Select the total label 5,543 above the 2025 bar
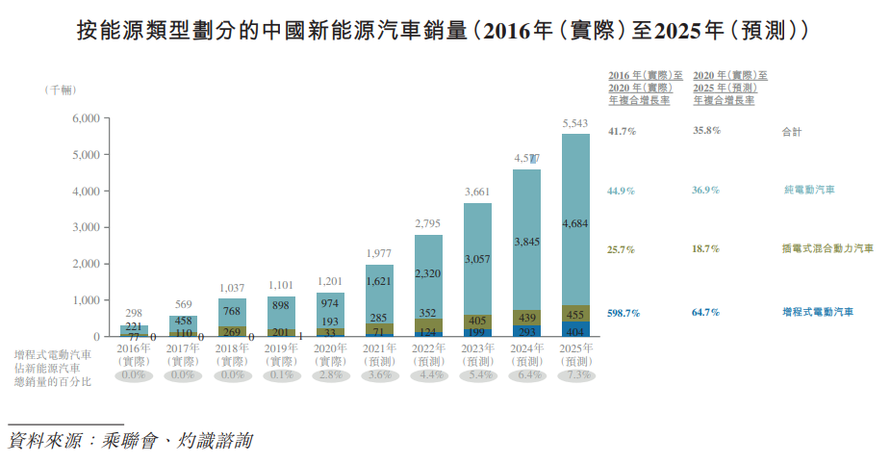coord(575,124)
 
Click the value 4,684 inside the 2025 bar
coord(575,224)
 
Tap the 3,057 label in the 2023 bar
coord(477,260)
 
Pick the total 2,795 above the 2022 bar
coord(428,224)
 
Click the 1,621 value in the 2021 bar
coord(379,280)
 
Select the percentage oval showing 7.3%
coord(575,375)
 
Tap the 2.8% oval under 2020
coord(330,375)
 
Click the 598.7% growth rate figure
coord(623,312)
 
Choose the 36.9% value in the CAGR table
coord(706,190)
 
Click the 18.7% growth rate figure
coord(706,249)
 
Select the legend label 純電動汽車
coord(808,190)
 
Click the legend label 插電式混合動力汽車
coord(827,249)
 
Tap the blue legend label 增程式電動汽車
coord(818,312)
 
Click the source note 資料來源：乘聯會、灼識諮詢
coord(130,442)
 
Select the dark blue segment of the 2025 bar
coord(575,328)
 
